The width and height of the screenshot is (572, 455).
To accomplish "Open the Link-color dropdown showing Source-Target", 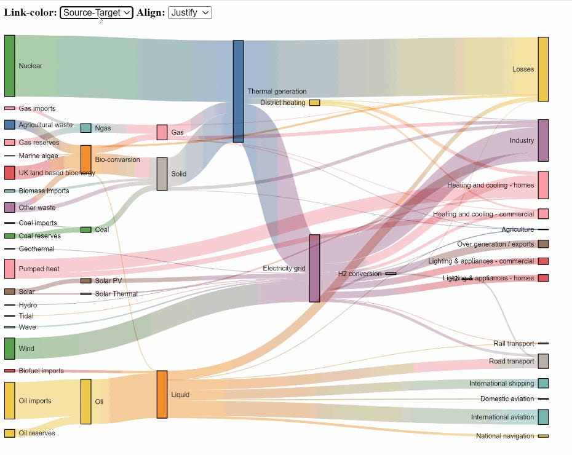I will click(96, 12).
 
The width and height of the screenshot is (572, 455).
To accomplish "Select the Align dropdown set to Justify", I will click(189, 12).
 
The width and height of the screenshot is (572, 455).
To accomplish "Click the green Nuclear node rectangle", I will click(9, 66).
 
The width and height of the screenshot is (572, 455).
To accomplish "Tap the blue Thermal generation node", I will click(238, 91).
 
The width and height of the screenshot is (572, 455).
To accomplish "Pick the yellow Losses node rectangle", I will click(543, 69).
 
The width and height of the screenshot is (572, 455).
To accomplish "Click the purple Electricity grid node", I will click(314, 268).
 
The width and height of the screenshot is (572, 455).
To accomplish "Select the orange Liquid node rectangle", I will click(162, 394).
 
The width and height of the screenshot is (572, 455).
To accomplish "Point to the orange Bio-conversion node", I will click(86, 159).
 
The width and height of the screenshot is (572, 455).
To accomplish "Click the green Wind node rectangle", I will click(9, 348).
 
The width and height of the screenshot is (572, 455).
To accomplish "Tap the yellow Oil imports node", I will click(9, 400).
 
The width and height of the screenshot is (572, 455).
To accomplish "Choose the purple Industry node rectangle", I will click(543, 140).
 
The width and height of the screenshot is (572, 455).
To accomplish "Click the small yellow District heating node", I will click(314, 103).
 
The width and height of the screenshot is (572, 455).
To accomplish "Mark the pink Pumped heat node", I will click(9, 269).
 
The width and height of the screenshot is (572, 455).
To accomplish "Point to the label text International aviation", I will click(502, 417).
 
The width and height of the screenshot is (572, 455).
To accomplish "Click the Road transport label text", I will click(512, 362).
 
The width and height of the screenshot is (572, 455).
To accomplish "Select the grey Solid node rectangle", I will click(162, 173).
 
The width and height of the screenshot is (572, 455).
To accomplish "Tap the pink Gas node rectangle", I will click(162, 132).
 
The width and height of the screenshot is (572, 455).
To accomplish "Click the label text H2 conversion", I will click(360, 274).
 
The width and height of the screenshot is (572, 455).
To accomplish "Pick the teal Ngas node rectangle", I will click(86, 128).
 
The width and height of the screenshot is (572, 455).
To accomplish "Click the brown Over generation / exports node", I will click(543, 243).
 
